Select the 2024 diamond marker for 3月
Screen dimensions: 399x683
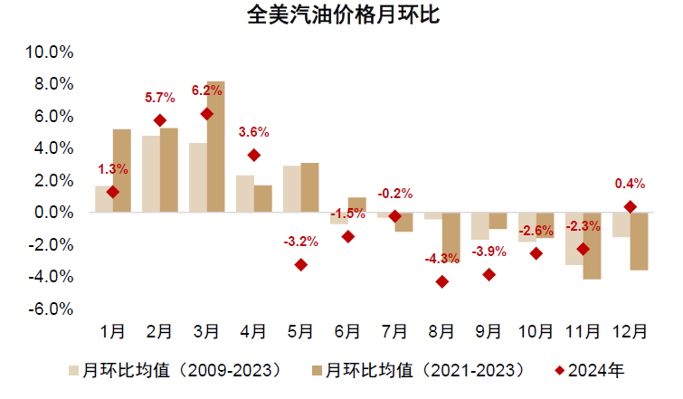click(x=207, y=114)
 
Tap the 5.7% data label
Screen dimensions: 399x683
click(x=160, y=98)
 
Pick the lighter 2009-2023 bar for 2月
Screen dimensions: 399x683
click(x=151, y=174)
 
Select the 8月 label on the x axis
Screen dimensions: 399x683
click(x=441, y=332)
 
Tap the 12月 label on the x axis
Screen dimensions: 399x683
click(x=630, y=332)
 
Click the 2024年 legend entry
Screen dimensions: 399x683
click(x=591, y=370)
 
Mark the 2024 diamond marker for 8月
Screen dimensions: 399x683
click(x=441, y=281)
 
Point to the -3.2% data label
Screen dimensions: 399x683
click(x=301, y=242)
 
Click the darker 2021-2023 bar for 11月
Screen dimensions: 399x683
click(x=593, y=245)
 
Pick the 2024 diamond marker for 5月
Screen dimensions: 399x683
click(x=301, y=264)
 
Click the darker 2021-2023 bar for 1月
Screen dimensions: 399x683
click(x=122, y=170)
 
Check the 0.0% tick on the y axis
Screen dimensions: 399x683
click(x=55, y=213)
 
